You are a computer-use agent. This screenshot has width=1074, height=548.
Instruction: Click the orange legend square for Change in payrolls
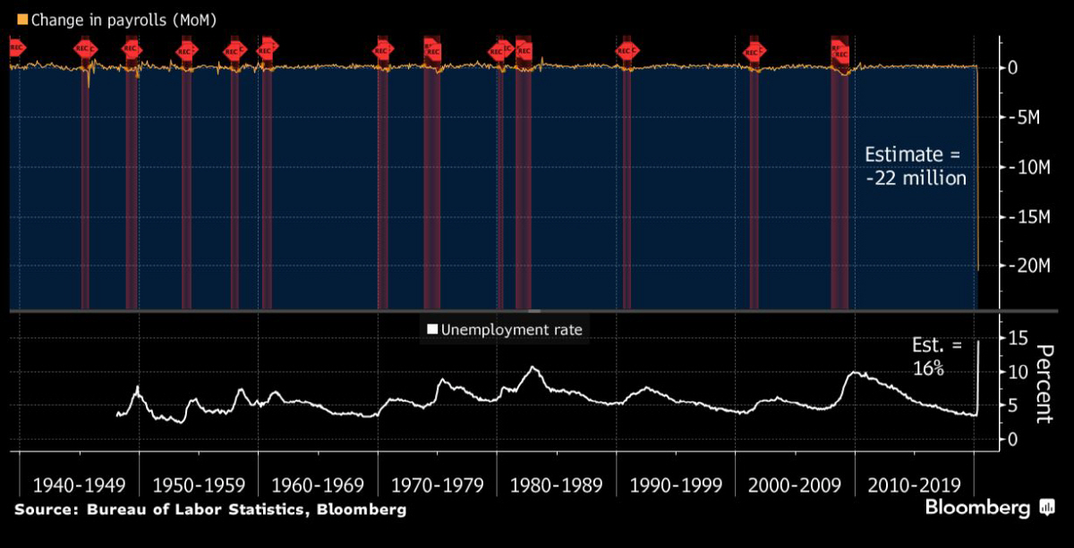coord(22,19)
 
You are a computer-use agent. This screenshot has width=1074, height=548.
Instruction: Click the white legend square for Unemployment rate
coord(432,330)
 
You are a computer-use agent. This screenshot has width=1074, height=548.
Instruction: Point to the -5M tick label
coord(1021,117)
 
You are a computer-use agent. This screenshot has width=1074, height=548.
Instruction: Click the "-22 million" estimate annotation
coord(916,178)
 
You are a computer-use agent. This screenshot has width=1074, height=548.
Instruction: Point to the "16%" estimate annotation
coord(928,367)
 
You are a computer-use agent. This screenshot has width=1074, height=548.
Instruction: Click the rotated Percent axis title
coord(1042,384)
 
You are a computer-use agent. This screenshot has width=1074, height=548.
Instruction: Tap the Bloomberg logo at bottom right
coord(989,509)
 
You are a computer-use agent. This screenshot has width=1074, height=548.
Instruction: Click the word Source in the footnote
coord(43,510)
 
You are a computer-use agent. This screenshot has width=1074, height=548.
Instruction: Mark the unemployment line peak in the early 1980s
coord(534,367)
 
